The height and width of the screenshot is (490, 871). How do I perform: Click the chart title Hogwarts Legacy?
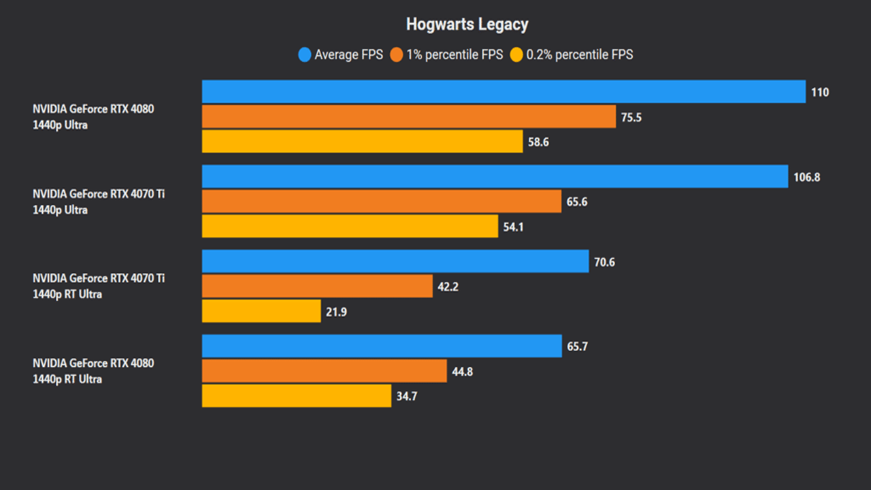click(x=467, y=25)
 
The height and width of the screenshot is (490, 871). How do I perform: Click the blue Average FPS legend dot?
click(x=305, y=55)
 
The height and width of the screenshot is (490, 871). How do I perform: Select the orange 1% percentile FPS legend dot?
click(x=397, y=55)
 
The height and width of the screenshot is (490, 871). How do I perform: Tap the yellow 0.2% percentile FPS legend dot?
click(x=516, y=55)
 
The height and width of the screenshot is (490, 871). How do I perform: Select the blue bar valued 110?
click(x=504, y=92)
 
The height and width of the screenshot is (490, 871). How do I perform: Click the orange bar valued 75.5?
click(x=408, y=117)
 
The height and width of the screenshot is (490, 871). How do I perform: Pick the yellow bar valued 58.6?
click(x=362, y=142)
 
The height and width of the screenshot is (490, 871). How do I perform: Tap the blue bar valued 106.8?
click(x=495, y=177)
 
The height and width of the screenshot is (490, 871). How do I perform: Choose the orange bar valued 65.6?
click(x=381, y=201)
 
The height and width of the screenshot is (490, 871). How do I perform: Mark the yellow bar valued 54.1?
click(x=350, y=227)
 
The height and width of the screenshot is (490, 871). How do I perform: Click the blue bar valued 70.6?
click(x=395, y=261)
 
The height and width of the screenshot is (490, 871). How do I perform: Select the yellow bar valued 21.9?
click(x=261, y=312)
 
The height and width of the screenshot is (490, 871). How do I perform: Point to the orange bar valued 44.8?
click(x=324, y=371)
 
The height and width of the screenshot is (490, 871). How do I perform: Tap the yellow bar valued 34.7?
click(x=296, y=396)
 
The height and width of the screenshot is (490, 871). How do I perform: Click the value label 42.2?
click(x=448, y=287)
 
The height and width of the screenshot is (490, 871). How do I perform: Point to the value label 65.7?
click(x=576, y=346)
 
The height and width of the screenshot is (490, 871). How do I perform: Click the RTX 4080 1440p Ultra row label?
click(x=93, y=117)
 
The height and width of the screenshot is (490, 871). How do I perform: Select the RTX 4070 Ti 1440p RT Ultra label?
click(x=99, y=287)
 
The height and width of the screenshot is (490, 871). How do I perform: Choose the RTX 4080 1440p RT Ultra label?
click(x=93, y=371)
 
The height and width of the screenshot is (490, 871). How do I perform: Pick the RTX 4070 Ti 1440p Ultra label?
click(x=99, y=202)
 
